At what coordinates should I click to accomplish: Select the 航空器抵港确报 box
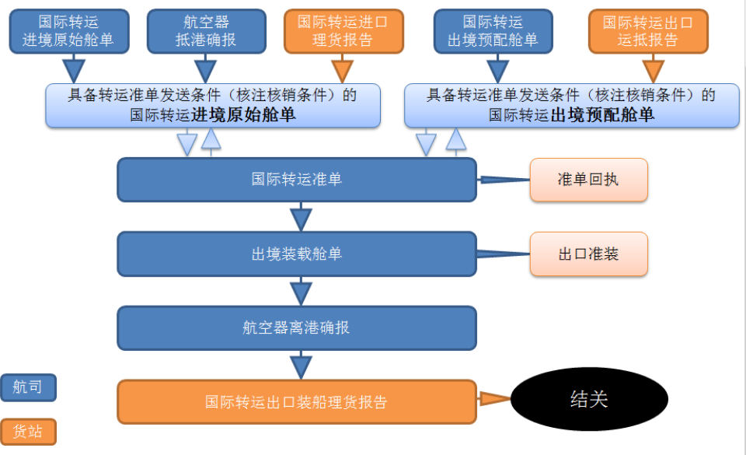click(205, 31)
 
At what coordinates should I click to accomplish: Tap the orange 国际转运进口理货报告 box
click(342, 31)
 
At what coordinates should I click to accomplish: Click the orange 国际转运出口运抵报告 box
click(648, 31)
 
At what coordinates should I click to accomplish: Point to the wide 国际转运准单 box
click(296, 180)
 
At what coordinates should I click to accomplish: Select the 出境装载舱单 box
click(296, 254)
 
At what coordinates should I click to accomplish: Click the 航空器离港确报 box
click(296, 327)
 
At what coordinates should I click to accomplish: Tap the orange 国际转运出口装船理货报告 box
click(296, 402)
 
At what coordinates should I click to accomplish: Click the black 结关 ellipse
click(589, 400)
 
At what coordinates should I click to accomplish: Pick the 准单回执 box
click(588, 180)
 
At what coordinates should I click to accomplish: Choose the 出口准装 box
click(588, 254)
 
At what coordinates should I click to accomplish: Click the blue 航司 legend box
click(28, 387)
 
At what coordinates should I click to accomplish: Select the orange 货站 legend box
click(28, 431)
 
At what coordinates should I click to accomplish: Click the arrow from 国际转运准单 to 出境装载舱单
click(301, 217)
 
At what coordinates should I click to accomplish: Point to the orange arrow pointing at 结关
click(493, 400)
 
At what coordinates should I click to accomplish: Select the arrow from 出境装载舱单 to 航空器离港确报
click(301, 291)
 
